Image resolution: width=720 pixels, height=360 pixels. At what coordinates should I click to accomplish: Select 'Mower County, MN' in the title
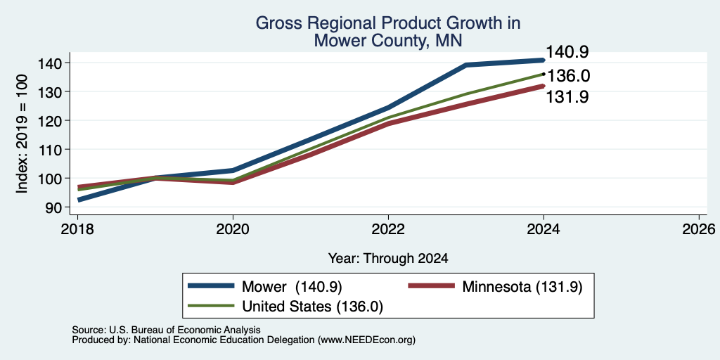pos(388,41)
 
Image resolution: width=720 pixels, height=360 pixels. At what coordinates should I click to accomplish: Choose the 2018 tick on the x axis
pos(77,229)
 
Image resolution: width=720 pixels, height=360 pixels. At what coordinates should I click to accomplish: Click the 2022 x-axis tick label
pos(388,229)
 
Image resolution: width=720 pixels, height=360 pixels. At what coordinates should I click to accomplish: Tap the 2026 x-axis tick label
pos(699,229)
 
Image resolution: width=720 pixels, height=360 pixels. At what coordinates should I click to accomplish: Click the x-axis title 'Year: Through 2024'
pos(388,259)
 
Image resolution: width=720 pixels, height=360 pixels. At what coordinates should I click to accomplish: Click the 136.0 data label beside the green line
pos(568,76)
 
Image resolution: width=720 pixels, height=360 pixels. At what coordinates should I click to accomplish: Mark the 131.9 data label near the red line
pos(567,97)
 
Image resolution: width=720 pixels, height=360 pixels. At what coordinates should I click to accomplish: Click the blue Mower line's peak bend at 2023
pos(466,65)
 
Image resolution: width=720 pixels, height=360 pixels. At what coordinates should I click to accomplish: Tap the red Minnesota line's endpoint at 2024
pos(544,86)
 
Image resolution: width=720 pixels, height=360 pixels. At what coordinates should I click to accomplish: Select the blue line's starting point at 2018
pos(79,200)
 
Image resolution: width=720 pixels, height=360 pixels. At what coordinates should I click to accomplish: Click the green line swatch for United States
pos(211,306)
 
